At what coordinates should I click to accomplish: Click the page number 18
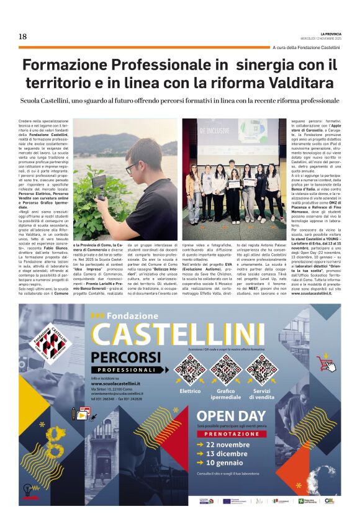pos(22,36)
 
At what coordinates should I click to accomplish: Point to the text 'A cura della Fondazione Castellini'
pos(306,48)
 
